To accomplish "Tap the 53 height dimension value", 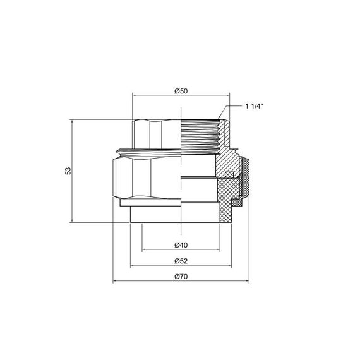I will [x=68, y=170].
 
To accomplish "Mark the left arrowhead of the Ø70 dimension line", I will [x=115, y=282].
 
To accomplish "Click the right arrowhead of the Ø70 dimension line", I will [x=247, y=282].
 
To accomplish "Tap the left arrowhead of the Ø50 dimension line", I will [x=135, y=96].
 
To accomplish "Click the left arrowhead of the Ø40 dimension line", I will [x=144, y=249].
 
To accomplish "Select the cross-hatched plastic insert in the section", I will [x=229, y=196].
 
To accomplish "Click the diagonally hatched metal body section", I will [x=224, y=158].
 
